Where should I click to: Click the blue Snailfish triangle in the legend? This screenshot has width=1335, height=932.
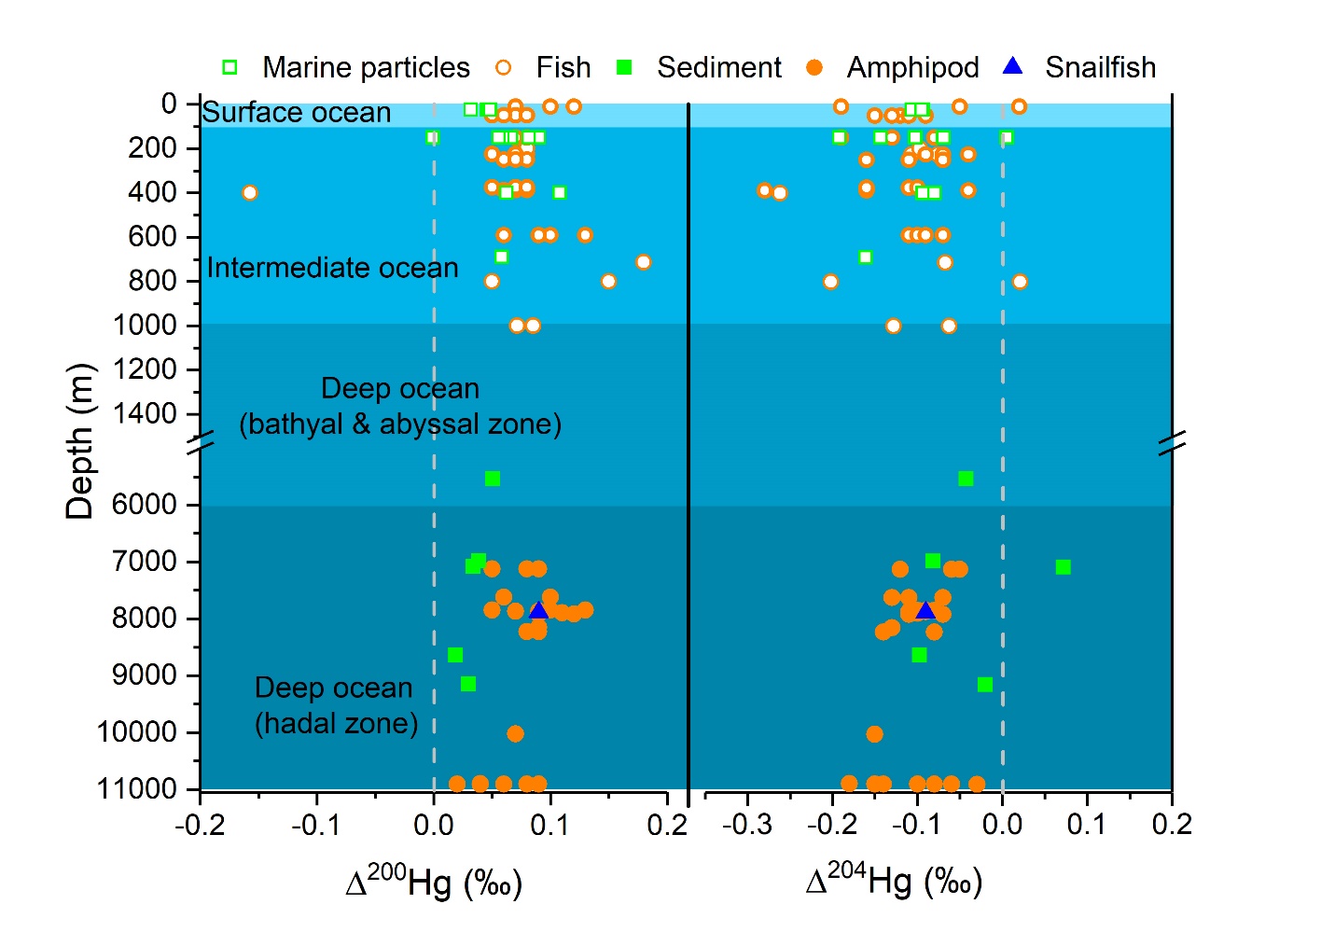[1012, 66]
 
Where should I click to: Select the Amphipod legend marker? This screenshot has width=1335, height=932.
[814, 67]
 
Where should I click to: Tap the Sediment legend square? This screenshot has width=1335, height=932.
[625, 67]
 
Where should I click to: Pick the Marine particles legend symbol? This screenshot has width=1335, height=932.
[229, 67]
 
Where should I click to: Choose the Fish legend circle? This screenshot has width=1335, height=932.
[504, 67]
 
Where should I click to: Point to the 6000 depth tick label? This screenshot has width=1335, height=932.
[145, 505]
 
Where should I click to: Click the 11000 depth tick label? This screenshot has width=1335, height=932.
[137, 789]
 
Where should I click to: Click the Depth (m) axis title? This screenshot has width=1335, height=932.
[80, 440]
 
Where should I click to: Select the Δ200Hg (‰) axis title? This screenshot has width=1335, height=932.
[434, 882]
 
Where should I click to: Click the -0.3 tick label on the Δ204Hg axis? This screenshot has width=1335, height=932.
[747, 825]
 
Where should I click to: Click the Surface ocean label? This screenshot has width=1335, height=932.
[297, 113]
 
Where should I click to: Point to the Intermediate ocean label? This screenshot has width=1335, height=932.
[332, 269]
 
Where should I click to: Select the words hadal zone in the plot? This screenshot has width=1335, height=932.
[337, 724]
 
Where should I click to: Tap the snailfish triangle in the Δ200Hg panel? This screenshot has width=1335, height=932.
[538, 610]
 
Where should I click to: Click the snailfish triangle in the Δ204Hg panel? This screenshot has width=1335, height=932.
[925, 610]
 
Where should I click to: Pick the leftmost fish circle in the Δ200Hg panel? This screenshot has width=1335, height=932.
[249, 193]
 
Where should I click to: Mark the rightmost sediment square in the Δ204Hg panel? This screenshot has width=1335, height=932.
[1063, 567]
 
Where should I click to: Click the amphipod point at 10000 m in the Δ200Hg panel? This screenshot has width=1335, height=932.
[515, 734]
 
